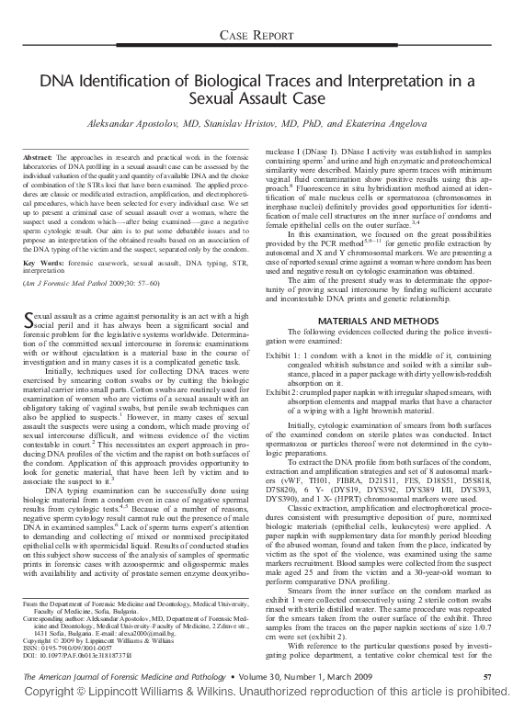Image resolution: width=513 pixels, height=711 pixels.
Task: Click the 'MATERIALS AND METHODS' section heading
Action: point(370,319)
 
